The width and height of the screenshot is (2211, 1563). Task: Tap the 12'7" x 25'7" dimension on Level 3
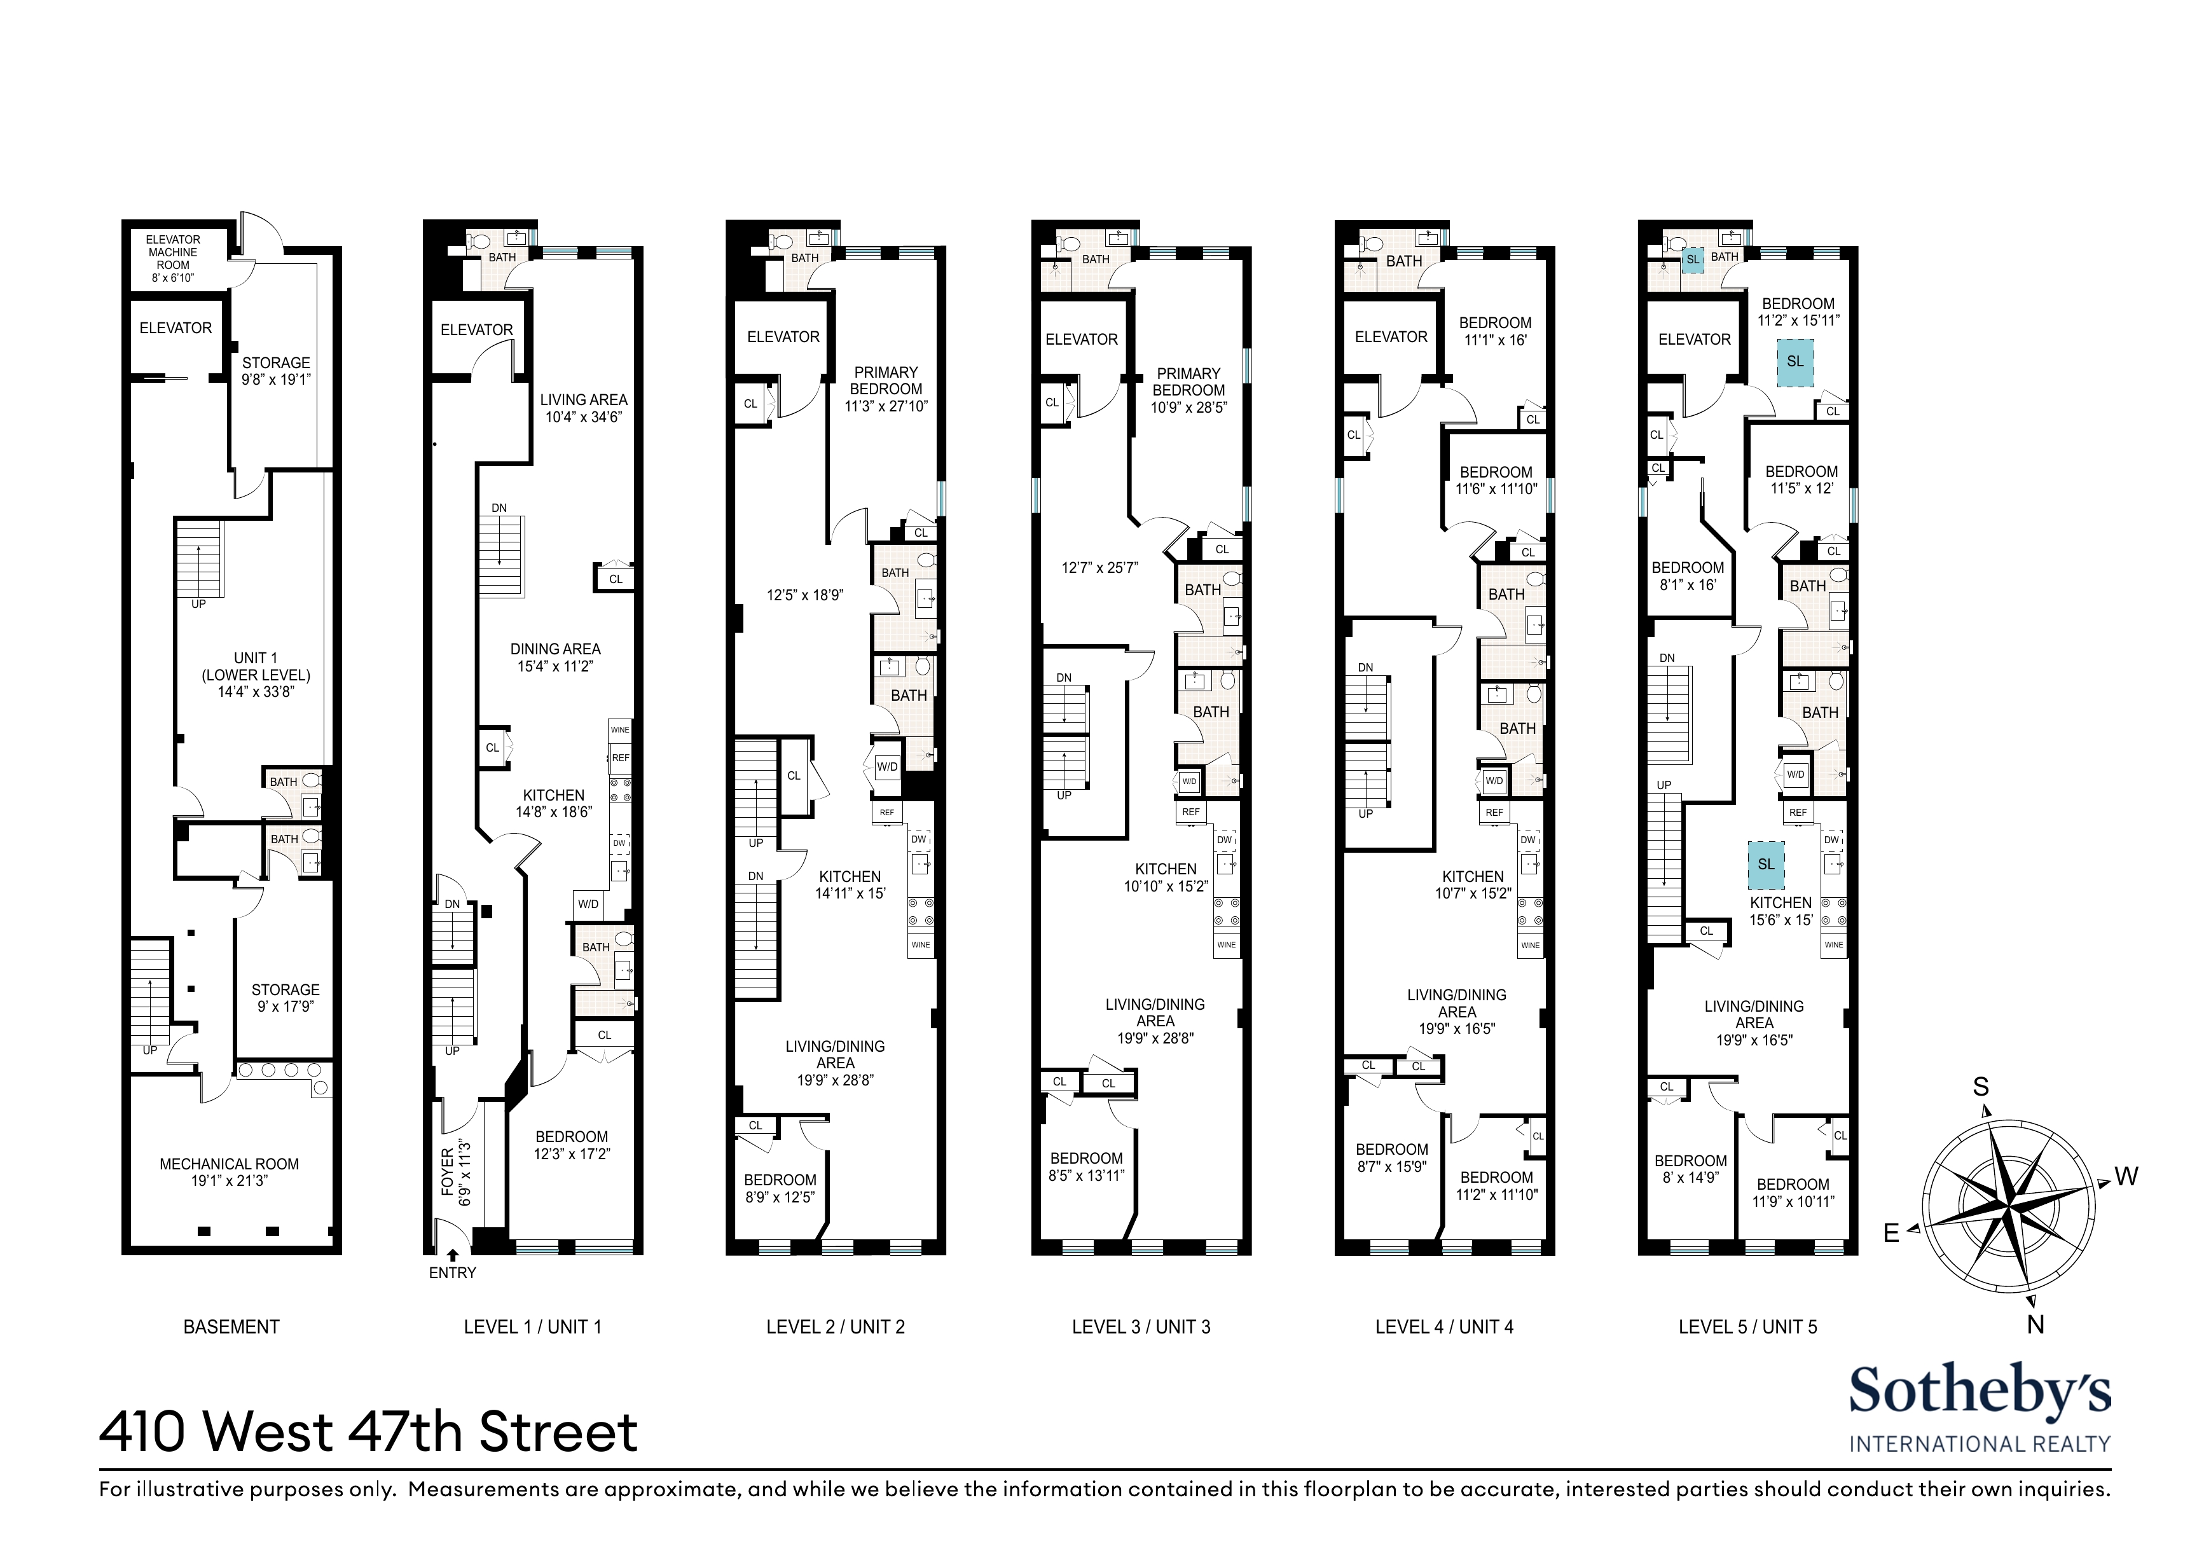[1099, 568]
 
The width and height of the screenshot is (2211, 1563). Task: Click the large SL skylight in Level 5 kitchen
[1766, 864]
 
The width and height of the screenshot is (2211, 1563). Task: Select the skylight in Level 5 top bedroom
[1795, 361]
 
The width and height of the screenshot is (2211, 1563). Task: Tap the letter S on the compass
[1981, 1087]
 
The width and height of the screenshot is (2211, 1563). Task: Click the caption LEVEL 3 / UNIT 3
[1141, 1327]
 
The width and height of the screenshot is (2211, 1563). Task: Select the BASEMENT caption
[231, 1327]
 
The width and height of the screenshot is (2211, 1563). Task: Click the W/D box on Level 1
[588, 904]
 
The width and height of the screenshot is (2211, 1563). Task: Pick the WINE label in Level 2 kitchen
[921, 945]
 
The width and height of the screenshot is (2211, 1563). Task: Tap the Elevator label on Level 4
[1391, 336]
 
